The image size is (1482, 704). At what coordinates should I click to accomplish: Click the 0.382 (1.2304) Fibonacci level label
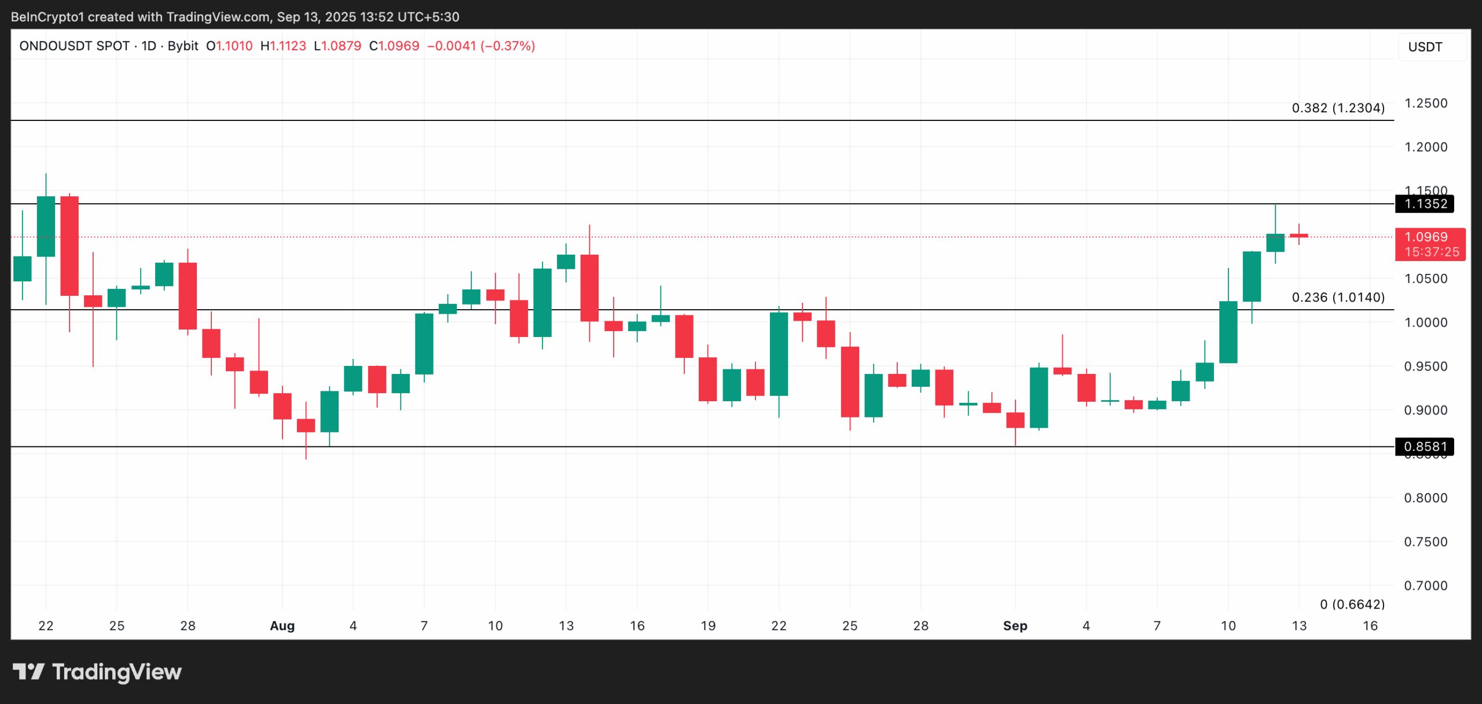(1338, 108)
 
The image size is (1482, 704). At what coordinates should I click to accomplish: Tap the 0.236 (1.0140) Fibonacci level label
(1338, 298)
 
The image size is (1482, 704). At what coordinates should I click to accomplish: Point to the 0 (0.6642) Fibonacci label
(1352, 604)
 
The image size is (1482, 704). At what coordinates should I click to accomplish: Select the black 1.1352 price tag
(1425, 204)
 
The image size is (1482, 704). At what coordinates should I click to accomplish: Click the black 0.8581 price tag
(1425, 447)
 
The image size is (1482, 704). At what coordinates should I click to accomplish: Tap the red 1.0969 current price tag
(1429, 244)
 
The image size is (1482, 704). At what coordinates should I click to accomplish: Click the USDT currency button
(1425, 47)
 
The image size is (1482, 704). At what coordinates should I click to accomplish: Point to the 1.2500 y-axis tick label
(1425, 103)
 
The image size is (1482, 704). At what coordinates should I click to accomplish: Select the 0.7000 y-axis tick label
(1425, 585)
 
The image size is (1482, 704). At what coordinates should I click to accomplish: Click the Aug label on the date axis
(282, 626)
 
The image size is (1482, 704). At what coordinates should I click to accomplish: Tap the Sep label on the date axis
(1015, 626)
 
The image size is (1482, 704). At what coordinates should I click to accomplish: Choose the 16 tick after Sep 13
(1370, 626)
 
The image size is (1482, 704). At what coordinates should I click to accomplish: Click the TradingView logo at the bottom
(97, 672)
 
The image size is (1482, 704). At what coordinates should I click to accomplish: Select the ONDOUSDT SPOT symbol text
(74, 46)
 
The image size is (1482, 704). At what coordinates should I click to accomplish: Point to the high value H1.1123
(283, 46)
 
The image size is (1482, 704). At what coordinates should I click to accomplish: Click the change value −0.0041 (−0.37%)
(480, 46)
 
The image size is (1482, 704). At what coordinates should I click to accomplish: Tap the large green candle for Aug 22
(779, 354)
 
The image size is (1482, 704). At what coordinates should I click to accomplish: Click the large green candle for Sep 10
(1228, 332)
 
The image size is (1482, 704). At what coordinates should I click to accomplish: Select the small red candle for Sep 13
(1298, 236)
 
